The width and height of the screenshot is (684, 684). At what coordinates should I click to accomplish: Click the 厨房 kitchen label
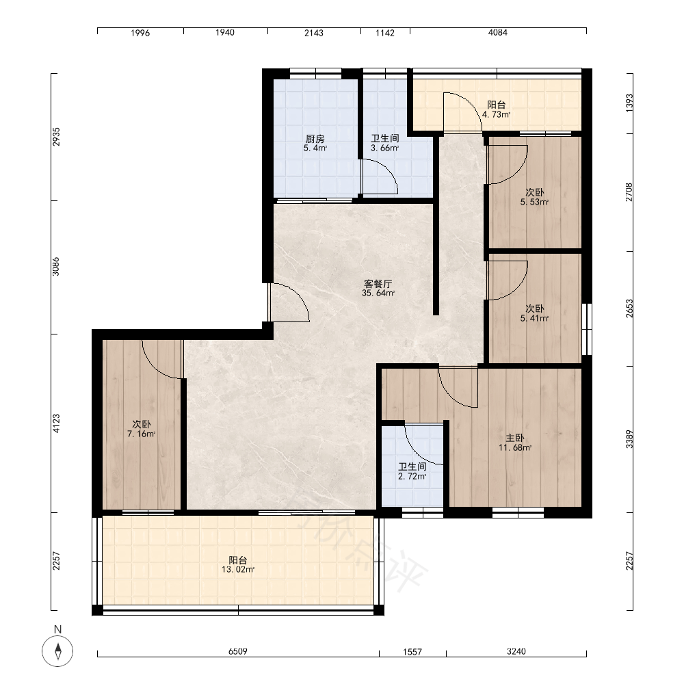315,139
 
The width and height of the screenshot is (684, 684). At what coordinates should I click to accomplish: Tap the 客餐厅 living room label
378,284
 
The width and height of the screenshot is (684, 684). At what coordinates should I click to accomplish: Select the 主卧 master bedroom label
515,438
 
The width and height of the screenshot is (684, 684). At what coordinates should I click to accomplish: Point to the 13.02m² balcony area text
238,569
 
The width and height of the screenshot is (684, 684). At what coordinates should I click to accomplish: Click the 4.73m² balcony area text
497,115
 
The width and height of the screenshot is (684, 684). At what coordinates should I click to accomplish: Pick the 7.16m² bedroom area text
142,434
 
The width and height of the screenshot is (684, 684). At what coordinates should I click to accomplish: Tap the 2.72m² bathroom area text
412,476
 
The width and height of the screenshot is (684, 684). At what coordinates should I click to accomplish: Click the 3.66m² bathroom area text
385,148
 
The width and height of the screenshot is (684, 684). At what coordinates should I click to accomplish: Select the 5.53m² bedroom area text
534,202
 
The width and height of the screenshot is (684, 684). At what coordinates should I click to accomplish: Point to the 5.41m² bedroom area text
534,319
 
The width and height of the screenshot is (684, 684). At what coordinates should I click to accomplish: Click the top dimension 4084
498,32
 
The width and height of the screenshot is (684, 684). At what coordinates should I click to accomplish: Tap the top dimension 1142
385,33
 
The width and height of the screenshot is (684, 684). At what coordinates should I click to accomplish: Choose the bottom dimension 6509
238,651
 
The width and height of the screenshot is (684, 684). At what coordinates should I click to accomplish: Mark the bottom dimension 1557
412,652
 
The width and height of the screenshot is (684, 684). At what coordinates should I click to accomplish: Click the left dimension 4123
56,423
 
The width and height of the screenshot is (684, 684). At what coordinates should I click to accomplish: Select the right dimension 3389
629,439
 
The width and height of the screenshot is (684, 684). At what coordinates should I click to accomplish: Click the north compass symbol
57,651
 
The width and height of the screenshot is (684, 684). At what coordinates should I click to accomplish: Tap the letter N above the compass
57,629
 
